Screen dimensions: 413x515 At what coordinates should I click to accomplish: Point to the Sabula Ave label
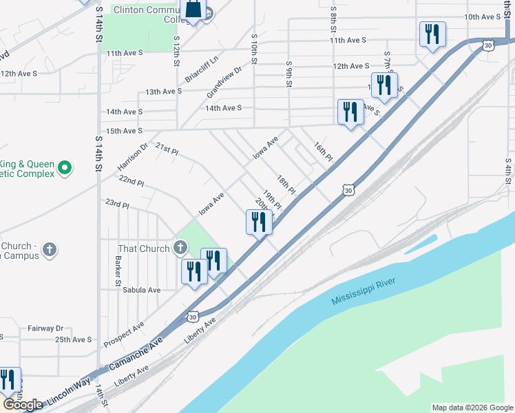pyautogui.click(x=141, y=290)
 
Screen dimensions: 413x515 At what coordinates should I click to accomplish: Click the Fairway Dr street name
pyautogui.click(x=45, y=329)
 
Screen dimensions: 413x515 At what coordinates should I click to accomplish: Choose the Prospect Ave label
pyautogui.click(x=124, y=333)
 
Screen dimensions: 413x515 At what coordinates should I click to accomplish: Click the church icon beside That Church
pyautogui.click(x=180, y=247)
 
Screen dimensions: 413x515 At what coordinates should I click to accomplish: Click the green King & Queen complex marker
pyautogui.click(x=64, y=167)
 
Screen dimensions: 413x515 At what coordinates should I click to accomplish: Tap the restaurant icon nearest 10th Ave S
pyautogui.click(x=432, y=34)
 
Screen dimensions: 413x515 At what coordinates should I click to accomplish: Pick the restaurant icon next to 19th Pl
pyautogui.click(x=259, y=222)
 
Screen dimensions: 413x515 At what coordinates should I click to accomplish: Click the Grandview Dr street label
pyautogui.click(x=224, y=81)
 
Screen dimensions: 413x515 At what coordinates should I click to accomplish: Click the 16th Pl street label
pyautogui.click(x=323, y=152)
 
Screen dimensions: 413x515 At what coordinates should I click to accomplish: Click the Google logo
pyautogui.click(x=23, y=405)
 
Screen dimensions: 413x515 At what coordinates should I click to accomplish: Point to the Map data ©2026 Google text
pyautogui.click(x=472, y=407)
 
